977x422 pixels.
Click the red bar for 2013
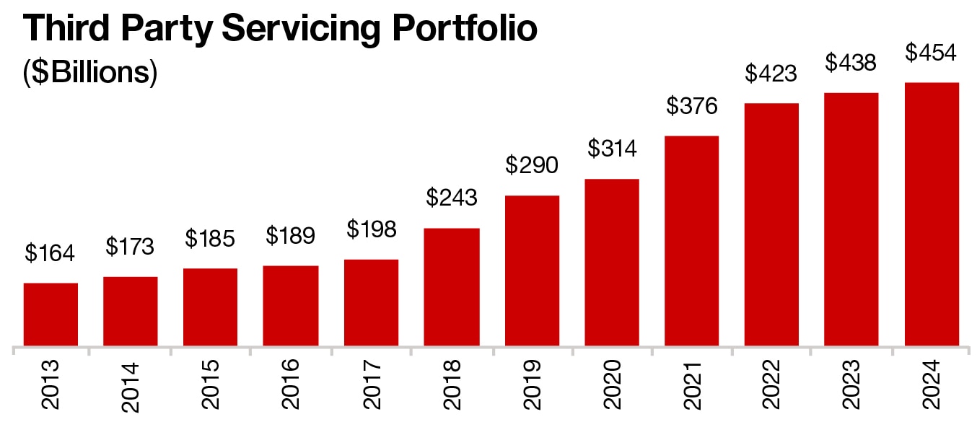tap(51, 315)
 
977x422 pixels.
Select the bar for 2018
tap(452, 287)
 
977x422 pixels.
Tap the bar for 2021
tap(691, 241)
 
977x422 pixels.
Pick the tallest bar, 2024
tap(932, 214)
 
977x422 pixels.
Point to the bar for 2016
tap(291, 306)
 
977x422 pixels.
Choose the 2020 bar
tap(612, 263)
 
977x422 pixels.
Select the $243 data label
tap(451, 198)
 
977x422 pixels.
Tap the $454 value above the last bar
tap(931, 53)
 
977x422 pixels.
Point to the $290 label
tap(531, 165)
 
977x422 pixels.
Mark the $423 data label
tap(771, 74)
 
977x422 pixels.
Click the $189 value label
tap(291, 236)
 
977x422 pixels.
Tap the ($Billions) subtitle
tap(91, 74)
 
